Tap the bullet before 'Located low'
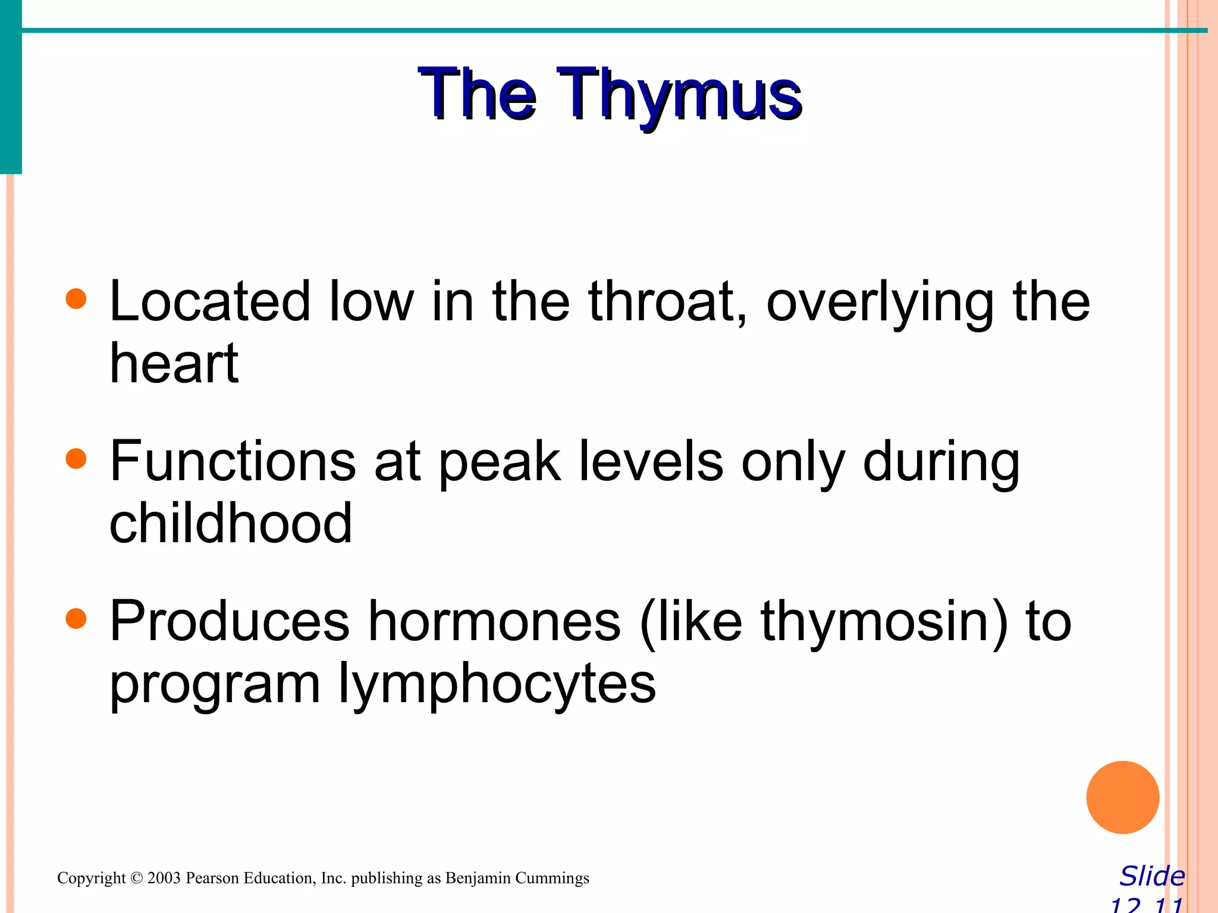(76, 299)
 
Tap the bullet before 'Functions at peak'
(76, 459)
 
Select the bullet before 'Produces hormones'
(76, 619)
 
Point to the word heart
(174, 364)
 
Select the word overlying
(880, 303)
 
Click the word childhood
(231, 523)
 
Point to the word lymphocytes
(497, 685)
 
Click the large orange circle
(1122, 797)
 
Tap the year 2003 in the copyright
(164, 878)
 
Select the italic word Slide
(1152, 876)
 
